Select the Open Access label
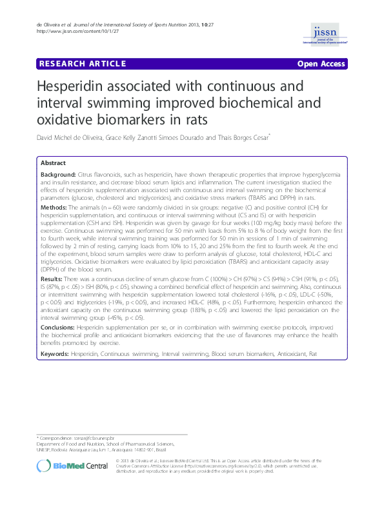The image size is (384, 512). pyautogui.click(x=321, y=64)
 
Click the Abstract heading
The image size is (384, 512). pyautogui.click(x=53, y=164)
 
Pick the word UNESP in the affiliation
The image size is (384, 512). pyautogui.click(x=45, y=449)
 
